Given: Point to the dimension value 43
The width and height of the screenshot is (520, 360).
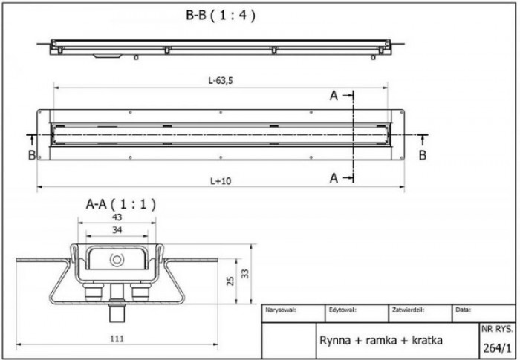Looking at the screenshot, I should point(116,217).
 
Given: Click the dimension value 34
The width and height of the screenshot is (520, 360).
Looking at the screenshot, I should point(116,230).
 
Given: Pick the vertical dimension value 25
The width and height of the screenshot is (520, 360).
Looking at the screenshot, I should point(230,281).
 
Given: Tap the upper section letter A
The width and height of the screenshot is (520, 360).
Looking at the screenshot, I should point(334,96).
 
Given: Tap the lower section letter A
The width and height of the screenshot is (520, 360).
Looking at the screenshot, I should point(334,177).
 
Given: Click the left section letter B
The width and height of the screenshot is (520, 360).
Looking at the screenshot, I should point(31,155).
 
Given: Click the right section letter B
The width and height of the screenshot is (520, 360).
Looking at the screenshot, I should point(422,155).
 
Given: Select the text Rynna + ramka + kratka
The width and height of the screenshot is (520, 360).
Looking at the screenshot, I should point(381,341).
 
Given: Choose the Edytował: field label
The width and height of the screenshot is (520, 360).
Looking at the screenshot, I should point(342,310).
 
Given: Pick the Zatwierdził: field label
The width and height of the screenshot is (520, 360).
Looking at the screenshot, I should point(408,310).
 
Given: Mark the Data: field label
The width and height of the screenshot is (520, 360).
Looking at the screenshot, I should point(462,310).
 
